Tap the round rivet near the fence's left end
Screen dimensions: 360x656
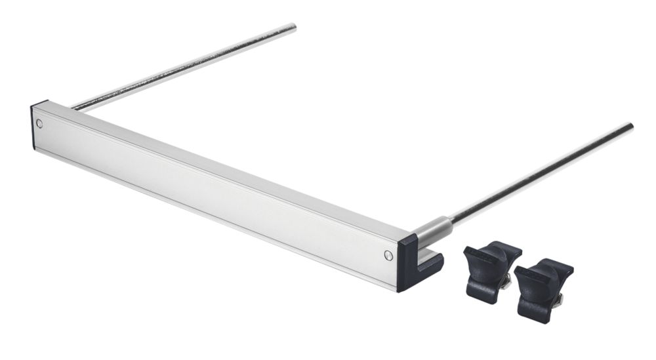click(x=40, y=123)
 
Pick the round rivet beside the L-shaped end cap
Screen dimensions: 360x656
click(x=387, y=254)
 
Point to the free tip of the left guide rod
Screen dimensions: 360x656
click(x=293, y=27)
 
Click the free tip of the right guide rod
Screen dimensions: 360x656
click(x=630, y=126)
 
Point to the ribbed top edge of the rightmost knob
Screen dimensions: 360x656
click(x=545, y=266)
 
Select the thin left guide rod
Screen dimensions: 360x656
click(x=184, y=66)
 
